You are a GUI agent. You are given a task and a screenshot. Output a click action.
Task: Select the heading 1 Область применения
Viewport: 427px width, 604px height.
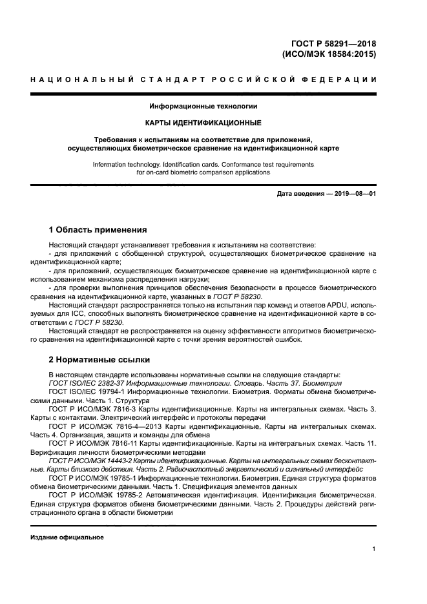click(98, 229)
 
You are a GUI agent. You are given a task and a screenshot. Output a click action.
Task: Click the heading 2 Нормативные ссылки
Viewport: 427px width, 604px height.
click(99, 359)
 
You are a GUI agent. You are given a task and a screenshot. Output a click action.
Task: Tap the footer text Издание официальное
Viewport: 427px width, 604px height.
click(67, 537)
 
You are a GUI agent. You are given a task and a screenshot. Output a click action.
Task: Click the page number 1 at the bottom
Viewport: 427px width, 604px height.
click(374, 549)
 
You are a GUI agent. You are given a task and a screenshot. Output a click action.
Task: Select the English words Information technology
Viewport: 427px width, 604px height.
click(127, 165)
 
